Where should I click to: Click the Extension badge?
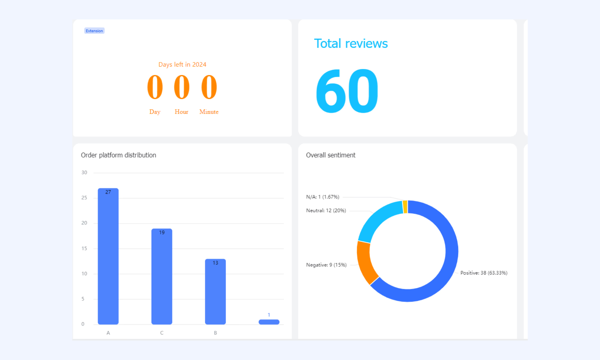coord(94,31)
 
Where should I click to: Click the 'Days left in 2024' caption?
coord(182,64)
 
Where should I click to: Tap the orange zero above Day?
coord(155,87)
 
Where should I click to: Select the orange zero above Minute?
coord(209,87)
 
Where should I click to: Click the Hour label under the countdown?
coord(181,112)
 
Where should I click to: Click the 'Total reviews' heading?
coord(351,43)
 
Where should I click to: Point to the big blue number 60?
coord(347,91)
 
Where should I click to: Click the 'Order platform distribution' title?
coord(118,155)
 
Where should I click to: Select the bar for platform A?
coord(108,256)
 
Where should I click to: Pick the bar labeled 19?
coord(162,276)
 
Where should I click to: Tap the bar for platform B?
coord(215,292)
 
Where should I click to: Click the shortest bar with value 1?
coord(269,322)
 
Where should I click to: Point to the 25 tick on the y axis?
coord(84,198)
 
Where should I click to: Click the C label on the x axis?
coord(162,333)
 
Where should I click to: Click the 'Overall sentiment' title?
coord(331,155)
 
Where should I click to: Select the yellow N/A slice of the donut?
coord(405,207)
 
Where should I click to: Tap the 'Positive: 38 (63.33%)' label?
coord(484,273)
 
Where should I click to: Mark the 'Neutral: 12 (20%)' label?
coord(326,211)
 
